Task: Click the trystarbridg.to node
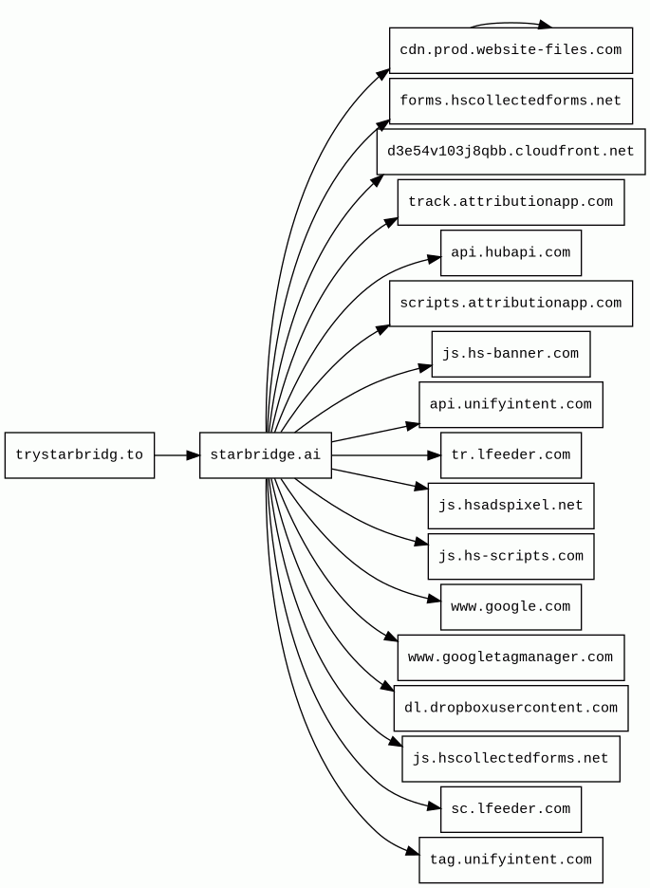coord(79,455)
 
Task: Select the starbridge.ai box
coord(265,455)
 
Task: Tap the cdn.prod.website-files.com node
coord(511,50)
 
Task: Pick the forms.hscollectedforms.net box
coord(511,101)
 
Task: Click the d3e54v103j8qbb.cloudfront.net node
coord(511,152)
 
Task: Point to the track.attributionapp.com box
coord(511,202)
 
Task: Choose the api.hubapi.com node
coord(511,253)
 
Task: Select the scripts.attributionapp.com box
coord(511,304)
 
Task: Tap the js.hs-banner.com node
coord(511,354)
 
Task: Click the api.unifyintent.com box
coord(511,405)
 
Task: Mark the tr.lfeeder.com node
coord(511,455)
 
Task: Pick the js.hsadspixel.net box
coord(511,506)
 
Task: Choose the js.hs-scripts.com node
coord(511,557)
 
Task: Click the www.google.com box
coord(511,607)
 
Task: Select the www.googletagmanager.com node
coord(511,657)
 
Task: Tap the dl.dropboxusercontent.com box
coord(511,709)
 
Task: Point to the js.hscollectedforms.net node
coord(511,759)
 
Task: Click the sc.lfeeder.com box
coord(511,809)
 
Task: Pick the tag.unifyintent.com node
coord(511,860)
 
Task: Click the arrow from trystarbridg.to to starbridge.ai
coord(176,455)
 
